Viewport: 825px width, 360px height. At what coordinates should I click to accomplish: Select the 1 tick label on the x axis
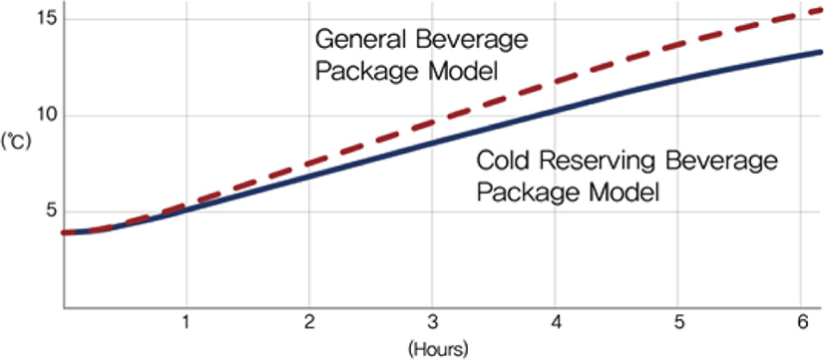point(186,323)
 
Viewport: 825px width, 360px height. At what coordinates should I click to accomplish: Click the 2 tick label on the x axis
point(309,323)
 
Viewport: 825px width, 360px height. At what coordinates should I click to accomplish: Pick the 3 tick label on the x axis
point(431,323)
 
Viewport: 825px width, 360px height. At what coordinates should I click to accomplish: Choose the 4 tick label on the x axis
point(555,323)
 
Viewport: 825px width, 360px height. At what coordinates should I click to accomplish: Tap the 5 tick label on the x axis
point(677,323)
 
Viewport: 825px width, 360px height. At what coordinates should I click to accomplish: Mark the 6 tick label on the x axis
point(801,323)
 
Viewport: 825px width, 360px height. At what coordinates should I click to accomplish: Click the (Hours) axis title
point(437,348)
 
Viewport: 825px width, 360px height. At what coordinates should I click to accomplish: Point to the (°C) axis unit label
point(16,142)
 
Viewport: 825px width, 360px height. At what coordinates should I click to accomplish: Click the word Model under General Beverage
point(459,72)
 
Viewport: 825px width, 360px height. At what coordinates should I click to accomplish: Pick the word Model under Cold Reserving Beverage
point(621,191)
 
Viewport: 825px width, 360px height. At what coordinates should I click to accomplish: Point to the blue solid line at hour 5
point(677,80)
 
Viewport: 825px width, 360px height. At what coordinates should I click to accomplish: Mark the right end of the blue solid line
point(822,52)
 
